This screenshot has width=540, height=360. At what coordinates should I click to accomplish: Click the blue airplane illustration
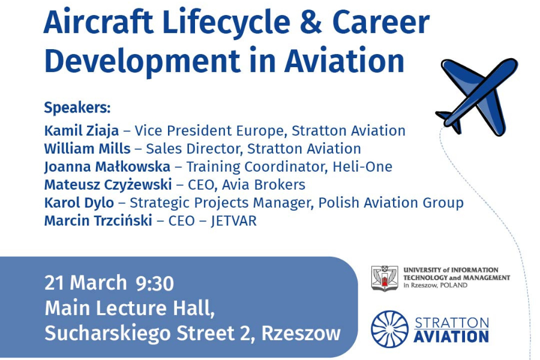tap(478, 97)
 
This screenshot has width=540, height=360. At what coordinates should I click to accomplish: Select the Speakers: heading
tap(77, 108)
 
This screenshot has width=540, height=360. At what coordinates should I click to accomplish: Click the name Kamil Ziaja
tap(82, 131)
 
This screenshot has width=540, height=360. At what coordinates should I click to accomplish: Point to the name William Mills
tap(88, 149)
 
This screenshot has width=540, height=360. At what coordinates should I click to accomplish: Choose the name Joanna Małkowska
tap(107, 167)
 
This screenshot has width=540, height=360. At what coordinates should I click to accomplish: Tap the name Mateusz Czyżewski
tap(108, 185)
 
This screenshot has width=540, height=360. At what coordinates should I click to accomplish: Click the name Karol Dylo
tap(79, 203)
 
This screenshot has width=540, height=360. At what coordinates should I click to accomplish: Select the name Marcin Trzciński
tap(98, 220)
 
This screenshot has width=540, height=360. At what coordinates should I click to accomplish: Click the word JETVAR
tap(233, 221)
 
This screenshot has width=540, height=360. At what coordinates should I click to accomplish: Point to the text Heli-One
tap(362, 167)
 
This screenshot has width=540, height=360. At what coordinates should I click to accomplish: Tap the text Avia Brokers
tap(263, 185)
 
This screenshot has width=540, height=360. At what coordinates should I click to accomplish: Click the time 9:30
tap(155, 284)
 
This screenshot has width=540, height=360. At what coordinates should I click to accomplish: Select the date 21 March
tap(86, 283)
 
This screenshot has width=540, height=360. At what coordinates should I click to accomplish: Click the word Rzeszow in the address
tap(301, 333)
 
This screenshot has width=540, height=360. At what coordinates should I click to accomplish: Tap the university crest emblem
tap(385, 278)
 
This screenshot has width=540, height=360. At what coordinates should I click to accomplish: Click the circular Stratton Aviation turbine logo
tap(389, 329)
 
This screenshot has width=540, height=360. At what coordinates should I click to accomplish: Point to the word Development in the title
tap(142, 61)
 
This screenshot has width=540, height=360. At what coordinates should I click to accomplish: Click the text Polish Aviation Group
tap(391, 203)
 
